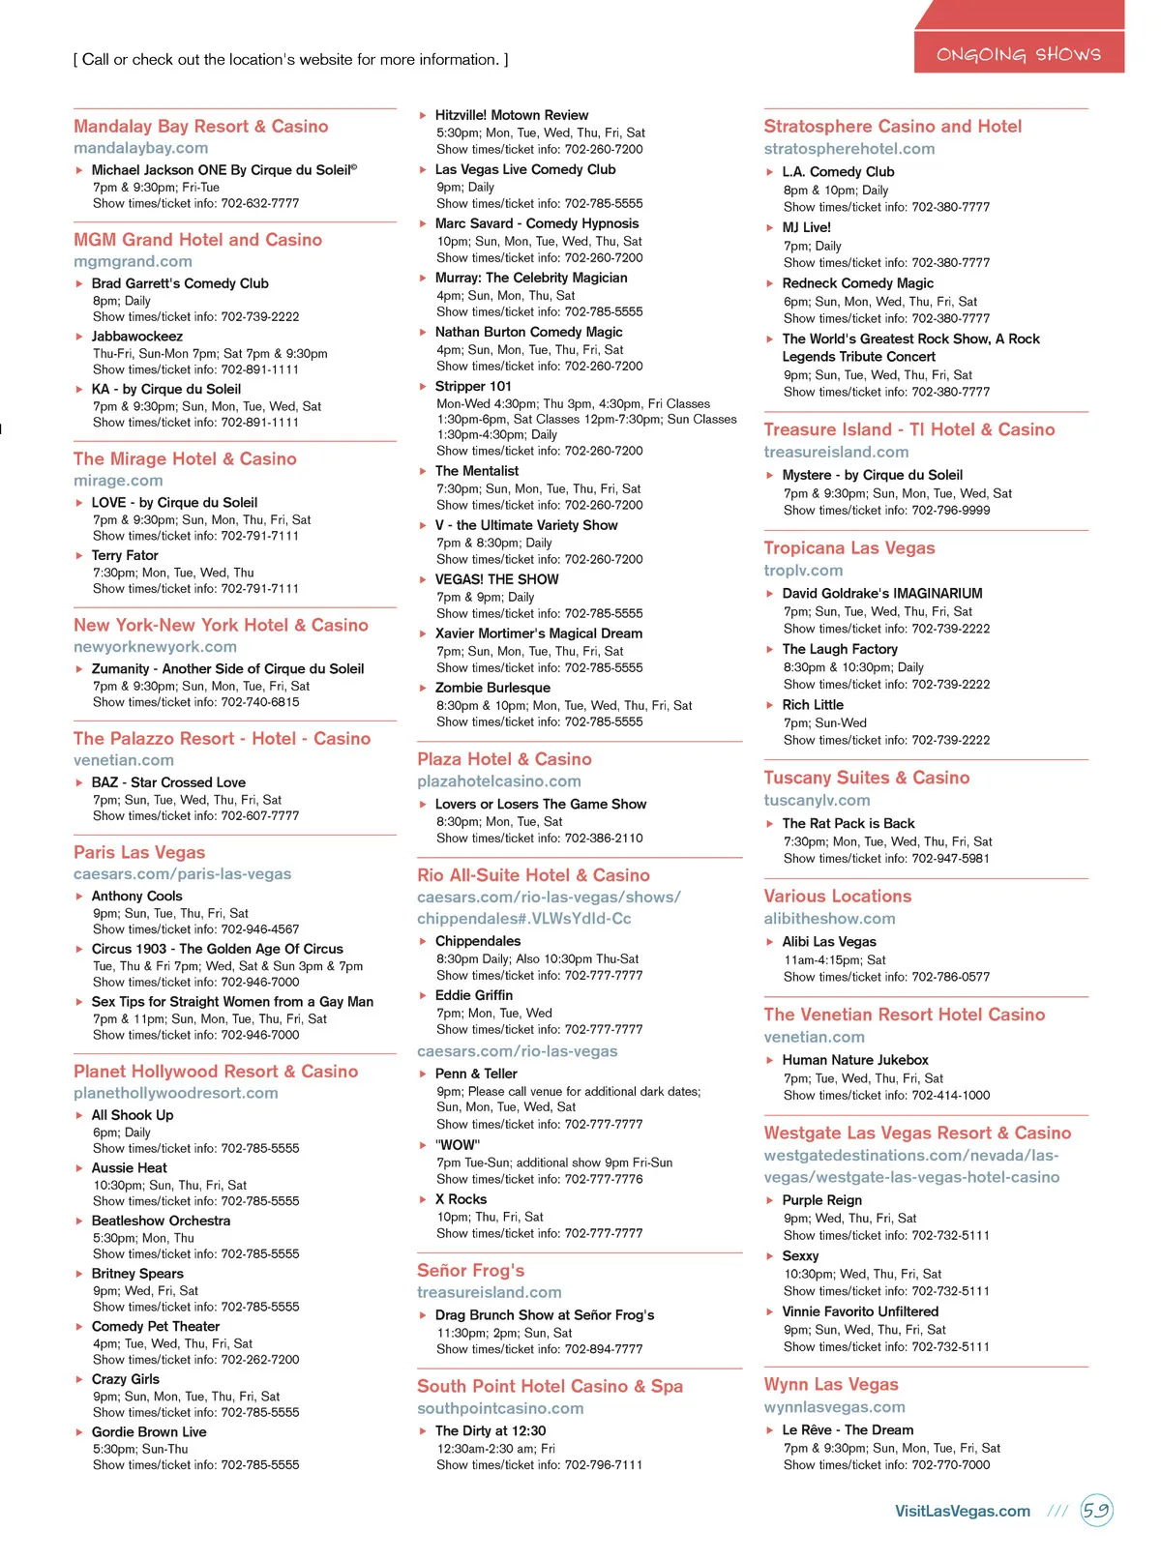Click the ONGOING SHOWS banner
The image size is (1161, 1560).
tap(1018, 54)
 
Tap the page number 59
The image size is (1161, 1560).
tap(1096, 1510)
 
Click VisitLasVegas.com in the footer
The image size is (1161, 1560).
tap(962, 1511)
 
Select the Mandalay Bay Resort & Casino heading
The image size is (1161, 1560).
tap(200, 127)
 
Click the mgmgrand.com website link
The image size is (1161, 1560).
tap(133, 261)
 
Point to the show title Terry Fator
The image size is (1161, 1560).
tap(125, 555)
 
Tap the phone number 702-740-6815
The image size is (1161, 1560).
tap(260, 702)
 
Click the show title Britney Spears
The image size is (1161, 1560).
tap(137, 1274)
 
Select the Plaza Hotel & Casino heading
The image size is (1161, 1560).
tap(504, 759)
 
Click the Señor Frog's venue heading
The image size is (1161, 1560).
tap(470, 1270)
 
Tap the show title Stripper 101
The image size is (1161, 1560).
tap(473, 386)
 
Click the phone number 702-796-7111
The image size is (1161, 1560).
tap(604, 1464)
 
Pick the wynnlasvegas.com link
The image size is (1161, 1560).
tap(834, 1407)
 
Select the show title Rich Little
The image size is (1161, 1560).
tap(813, 705)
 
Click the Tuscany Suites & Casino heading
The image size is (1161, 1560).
tap(866, 778)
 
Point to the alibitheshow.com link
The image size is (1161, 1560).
tap(829, 919)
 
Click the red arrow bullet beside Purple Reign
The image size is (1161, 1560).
tap(770, 1200)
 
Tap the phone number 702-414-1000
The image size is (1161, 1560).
tap(950, 1095)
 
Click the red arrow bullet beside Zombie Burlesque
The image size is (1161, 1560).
tap(423, 688)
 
